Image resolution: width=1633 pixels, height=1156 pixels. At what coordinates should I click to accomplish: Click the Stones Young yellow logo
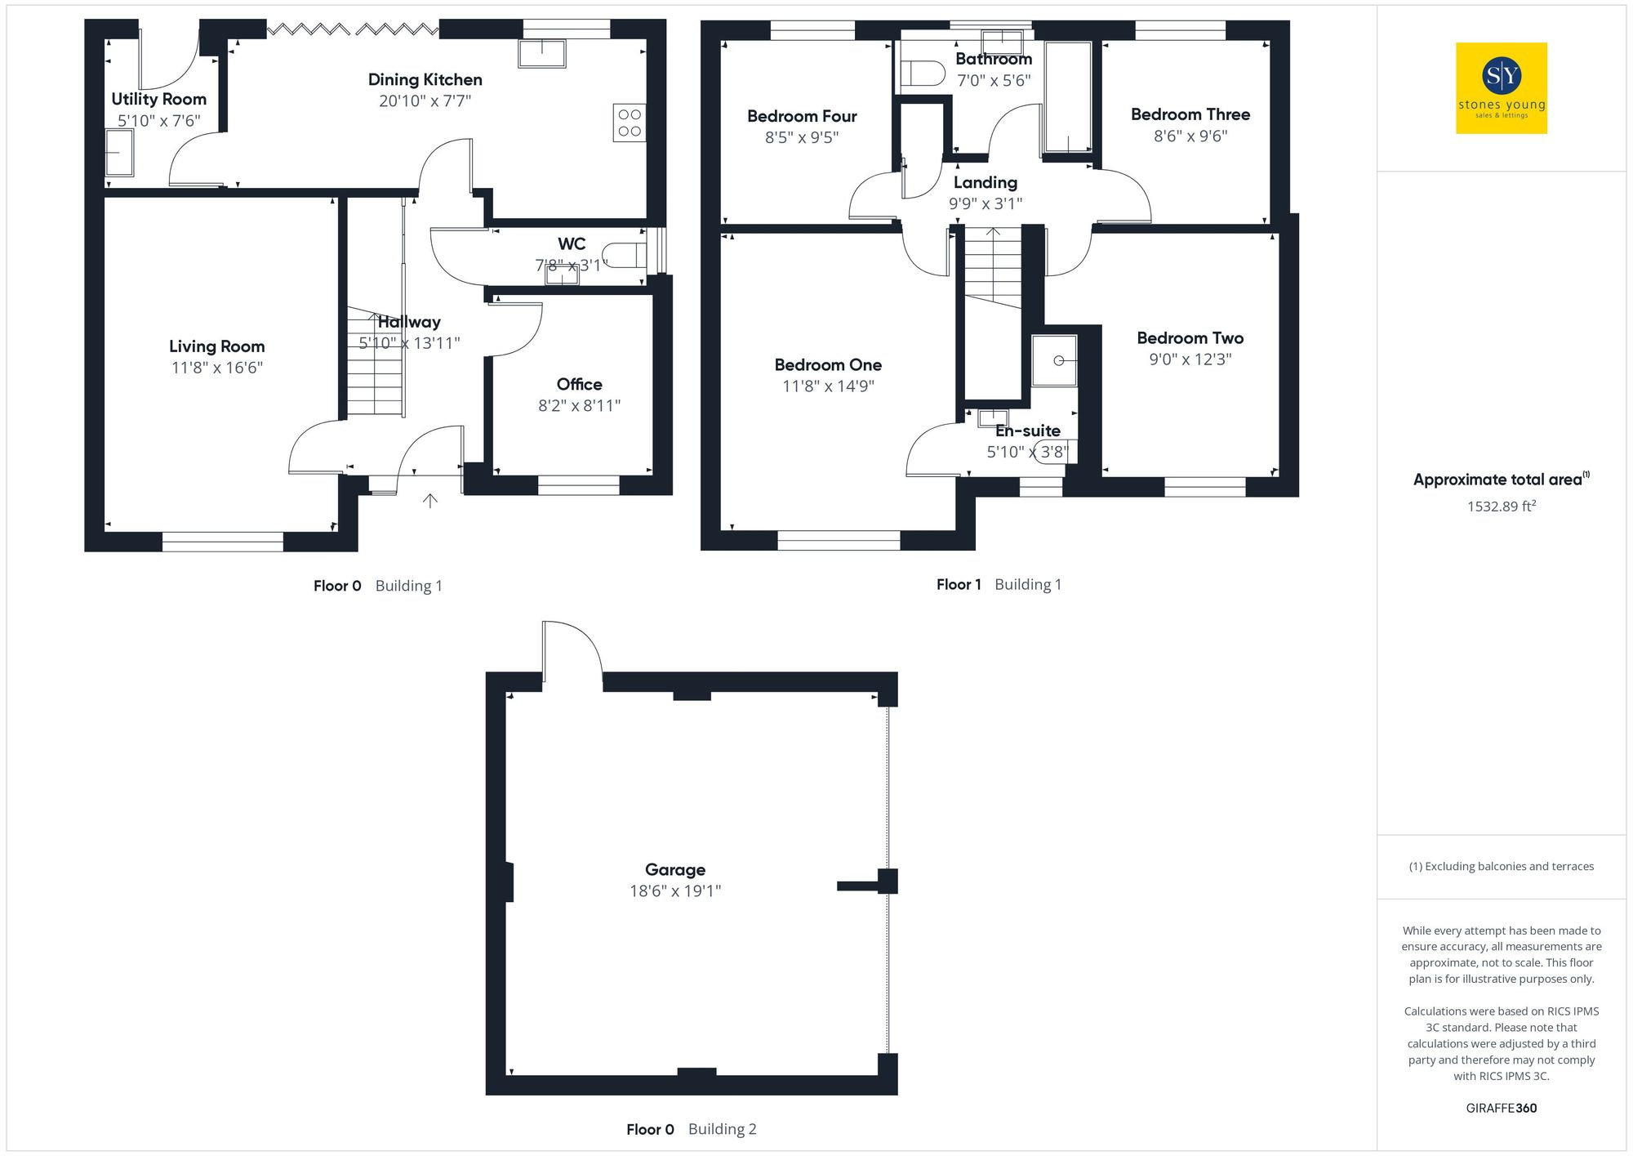pos(1501,88)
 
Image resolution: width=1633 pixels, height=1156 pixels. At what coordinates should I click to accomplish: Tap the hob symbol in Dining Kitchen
pos(629,123)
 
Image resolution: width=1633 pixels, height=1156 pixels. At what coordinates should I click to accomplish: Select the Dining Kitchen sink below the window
pos(541,53)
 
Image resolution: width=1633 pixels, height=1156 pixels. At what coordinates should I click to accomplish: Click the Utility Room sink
pos(119,153)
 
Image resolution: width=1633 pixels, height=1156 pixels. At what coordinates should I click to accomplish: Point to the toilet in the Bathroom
pos(922,74)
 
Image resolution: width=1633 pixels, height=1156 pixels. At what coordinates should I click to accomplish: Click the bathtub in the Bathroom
pos(1067,97)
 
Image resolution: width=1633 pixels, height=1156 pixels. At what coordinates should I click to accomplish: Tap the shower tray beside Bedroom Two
pos(1054,360)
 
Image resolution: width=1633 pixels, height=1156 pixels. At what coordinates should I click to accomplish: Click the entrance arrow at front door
pos(430,501)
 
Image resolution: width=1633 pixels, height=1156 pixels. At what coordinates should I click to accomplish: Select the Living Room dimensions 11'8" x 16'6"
pos(216,368)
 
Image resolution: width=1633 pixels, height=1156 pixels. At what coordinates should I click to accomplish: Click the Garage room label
pos(674,869)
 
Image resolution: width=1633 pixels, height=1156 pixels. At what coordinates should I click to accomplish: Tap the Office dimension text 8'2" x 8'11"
pos(579,405)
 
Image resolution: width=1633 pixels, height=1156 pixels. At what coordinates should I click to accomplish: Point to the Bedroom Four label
pos(802,116)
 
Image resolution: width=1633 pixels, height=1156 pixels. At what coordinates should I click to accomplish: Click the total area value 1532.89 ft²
pos(1501,507)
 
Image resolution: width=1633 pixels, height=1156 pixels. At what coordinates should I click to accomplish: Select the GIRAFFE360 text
pos(1501,1108)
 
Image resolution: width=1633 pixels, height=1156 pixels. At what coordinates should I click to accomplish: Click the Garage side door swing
pos(572,649)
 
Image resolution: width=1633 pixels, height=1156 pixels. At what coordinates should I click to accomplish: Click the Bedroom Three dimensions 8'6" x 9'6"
pos(1190,136)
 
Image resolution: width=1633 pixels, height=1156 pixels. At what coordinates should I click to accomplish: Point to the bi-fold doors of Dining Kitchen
pos(353,29)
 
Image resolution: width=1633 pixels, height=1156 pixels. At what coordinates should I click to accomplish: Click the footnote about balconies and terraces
pos(1501,866)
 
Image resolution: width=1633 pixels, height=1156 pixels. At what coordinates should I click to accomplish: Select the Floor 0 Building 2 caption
pos(691,1129)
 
